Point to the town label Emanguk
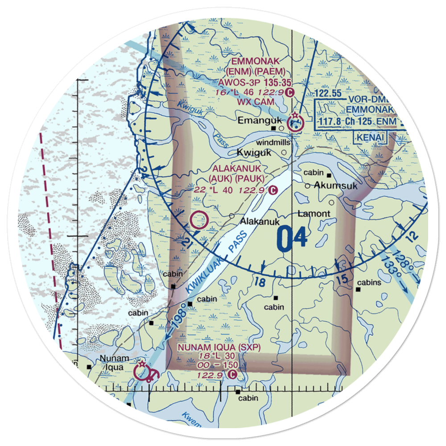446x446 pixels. (254, 120)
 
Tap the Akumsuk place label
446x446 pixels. (336, 186)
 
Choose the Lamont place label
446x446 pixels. (314, 214)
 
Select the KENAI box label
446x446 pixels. (370, 137)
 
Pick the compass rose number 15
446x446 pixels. (342, 280)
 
